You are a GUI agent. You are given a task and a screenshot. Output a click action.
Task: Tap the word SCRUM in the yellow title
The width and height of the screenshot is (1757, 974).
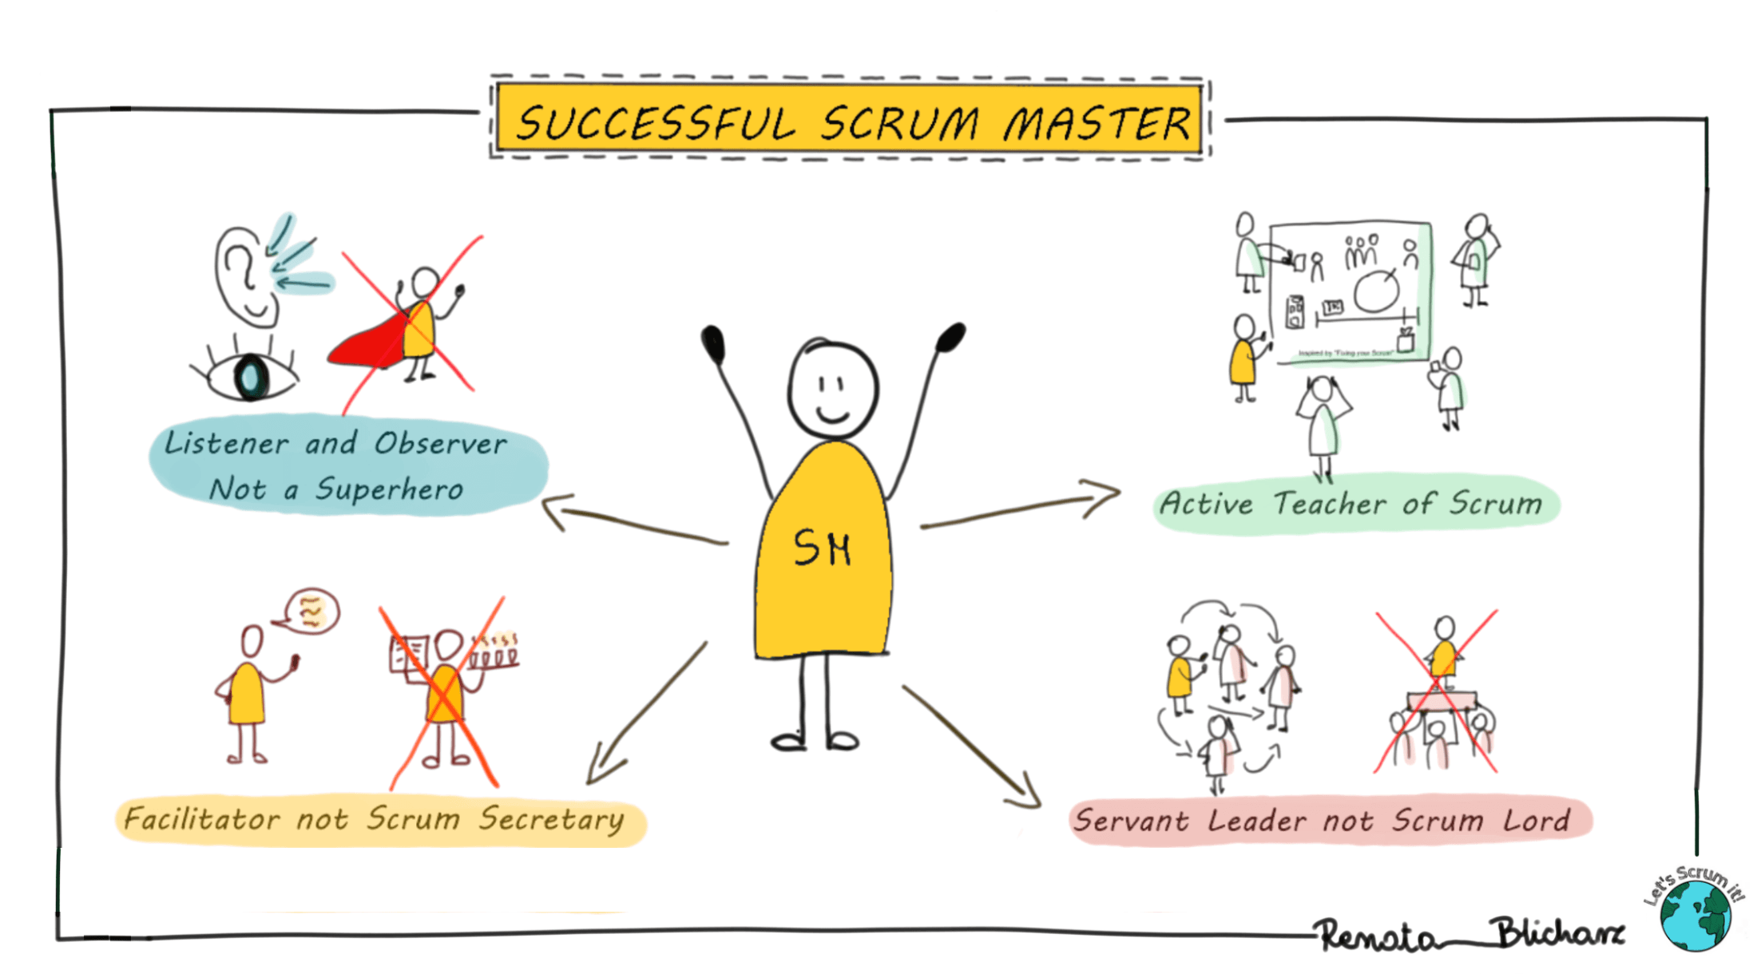pyautogui.click(x=900, y=124)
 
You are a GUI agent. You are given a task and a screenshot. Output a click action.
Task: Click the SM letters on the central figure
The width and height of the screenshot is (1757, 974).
pyautogui.click(x=822, y=548)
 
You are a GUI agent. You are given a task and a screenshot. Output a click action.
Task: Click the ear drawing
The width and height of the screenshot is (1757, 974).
pyautogui.click(x=244, y=275)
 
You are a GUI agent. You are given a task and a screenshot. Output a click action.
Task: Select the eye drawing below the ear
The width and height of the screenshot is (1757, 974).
pyautogui.click(x=250, y=376)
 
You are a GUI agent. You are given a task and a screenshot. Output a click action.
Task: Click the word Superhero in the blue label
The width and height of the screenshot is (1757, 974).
pyautogui.click(x=389, y=489)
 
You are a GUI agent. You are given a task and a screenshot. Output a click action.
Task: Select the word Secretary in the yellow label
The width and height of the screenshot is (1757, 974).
pyautogui.click(x=552, y=820)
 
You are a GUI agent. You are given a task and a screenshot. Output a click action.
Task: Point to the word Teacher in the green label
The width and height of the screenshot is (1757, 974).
pyautogui.click(x=1329, y=504)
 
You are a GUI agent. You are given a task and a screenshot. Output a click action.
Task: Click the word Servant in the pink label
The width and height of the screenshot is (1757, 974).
pyautogui.click(x=1131, y=821)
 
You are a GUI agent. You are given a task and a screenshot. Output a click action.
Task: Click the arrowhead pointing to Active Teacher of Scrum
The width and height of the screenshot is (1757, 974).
pyautogui.click(x=1106, y=497)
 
